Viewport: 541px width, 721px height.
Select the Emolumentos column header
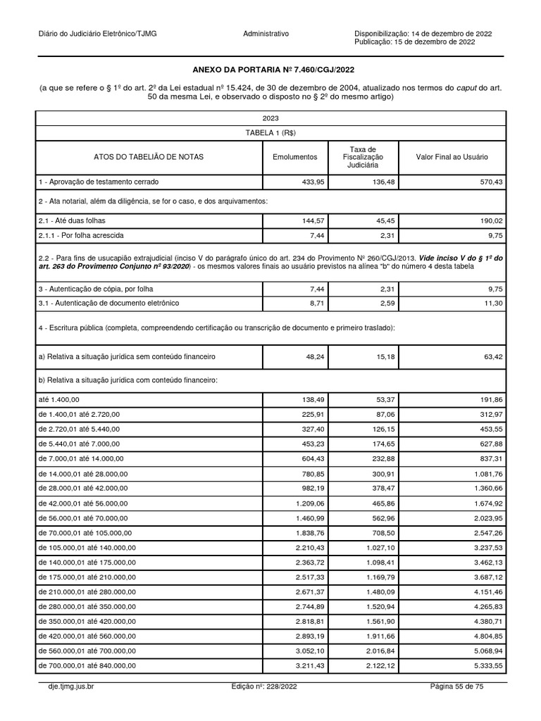click(x=294, y=157)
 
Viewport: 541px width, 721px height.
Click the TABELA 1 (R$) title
click(x=270, y=132)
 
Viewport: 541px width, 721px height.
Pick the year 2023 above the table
click(x=270, y=118)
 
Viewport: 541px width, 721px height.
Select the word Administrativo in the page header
click(x=266, y=34)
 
